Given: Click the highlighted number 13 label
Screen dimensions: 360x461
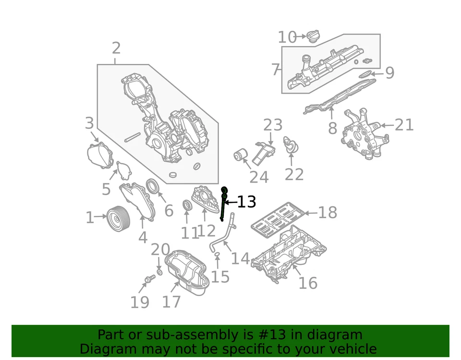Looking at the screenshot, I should pyautogui.click(x=246, y=202).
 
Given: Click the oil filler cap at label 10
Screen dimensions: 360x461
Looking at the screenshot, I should pyautogui.click(x=315, y=36).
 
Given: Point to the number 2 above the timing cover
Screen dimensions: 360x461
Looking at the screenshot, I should pyautogui.click(x=116, y=48).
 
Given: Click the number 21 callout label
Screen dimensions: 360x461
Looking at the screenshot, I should pyautogui.click(x=404, y=125).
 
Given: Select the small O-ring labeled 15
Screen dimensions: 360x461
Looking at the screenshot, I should pyautogui.click(x=217, y=253).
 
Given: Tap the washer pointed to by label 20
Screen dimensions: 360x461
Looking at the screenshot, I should pyautogui.click(x=159, y=273).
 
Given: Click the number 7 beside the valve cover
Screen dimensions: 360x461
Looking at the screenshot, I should pyautogui.click(x=276, y=70).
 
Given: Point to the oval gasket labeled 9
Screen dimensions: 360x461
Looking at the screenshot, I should pyautogui.click(x=365, y=74).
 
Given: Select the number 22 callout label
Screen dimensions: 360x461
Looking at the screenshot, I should pyautogui.click(x=294, y=174).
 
